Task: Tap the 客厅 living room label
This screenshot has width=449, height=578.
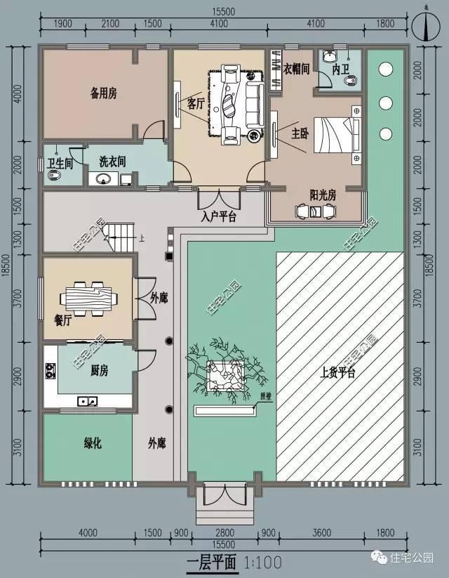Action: [196, 103]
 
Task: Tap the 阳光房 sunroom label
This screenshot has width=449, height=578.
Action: [323, 195]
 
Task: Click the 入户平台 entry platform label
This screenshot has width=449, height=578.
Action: [218, 216]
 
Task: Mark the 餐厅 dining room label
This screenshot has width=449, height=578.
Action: [63, 320]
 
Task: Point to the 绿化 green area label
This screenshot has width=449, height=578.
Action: [93, 443]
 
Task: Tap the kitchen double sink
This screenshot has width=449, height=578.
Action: [88, 401]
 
